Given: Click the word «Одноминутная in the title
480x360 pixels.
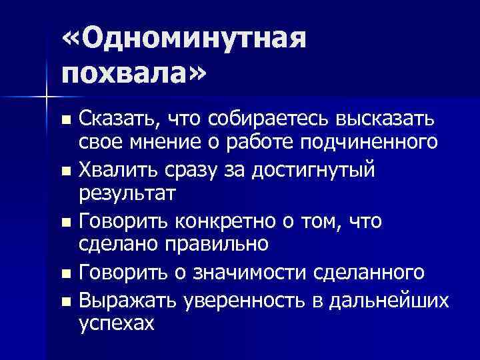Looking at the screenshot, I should pos(185,41).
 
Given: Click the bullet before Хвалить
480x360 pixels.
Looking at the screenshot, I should pos(65,171).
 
